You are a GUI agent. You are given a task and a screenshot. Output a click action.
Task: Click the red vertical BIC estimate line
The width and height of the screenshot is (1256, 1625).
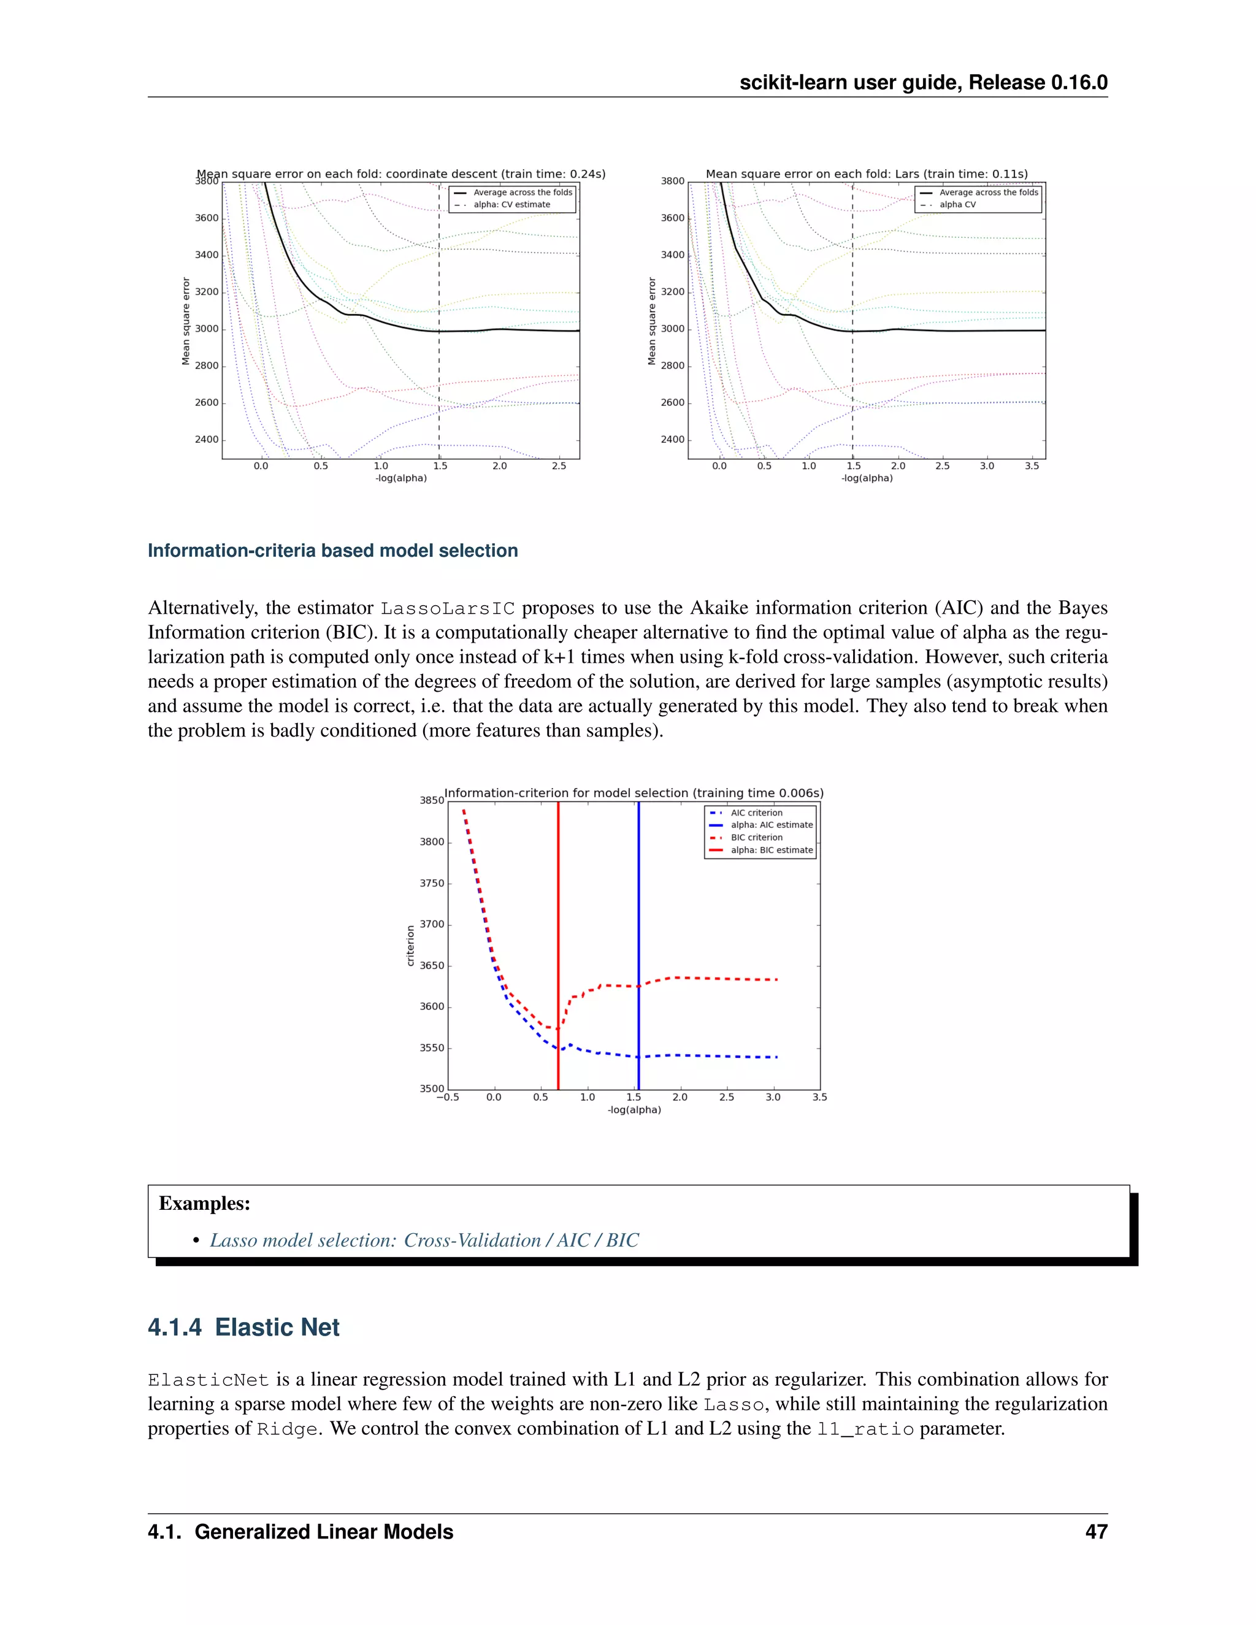point(558,930)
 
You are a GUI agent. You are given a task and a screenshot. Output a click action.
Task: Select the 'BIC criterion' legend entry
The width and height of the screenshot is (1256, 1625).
point(756,837)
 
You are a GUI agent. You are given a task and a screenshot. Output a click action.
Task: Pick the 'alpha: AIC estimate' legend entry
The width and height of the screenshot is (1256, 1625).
point(771,824)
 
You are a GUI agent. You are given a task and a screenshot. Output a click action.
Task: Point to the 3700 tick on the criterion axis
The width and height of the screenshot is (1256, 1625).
point(432,924)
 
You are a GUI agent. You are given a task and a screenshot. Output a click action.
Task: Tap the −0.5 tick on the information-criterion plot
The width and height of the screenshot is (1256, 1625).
point(447,1097)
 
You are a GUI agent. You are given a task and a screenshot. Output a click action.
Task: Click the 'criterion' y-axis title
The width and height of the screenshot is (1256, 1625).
point(410,946)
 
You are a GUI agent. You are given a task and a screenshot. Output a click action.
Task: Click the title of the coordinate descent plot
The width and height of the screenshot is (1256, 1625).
point(401,174)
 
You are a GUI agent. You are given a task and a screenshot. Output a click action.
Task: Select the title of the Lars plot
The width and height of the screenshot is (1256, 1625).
point(866,174)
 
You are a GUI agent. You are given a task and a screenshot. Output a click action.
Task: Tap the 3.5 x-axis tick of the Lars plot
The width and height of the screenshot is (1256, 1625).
point(1032,466)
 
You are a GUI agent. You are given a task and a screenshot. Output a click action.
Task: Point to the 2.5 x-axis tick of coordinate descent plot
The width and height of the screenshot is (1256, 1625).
point(559,466)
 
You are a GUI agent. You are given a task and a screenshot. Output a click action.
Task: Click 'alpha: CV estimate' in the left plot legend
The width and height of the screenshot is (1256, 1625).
point(511,205)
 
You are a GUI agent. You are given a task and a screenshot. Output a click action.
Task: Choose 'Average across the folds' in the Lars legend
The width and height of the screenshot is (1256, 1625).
point(988,192)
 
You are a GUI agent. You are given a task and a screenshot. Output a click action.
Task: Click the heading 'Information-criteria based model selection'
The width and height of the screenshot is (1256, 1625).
point(332,551)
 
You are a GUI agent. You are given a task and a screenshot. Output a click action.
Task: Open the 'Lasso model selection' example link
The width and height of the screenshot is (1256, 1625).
point(424,1241)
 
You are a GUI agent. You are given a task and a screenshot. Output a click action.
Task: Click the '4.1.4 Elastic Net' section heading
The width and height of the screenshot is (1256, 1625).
point(243,1328)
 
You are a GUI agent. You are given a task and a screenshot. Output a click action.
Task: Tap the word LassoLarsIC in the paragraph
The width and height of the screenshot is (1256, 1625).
point(447,609)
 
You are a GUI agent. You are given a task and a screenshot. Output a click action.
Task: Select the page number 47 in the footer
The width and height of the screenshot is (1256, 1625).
point(1096,1532)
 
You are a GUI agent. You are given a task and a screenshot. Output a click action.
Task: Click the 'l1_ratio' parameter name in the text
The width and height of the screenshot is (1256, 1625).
point(865,1429)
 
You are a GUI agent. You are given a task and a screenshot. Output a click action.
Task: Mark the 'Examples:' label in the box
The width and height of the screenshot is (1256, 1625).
point(205,1203)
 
